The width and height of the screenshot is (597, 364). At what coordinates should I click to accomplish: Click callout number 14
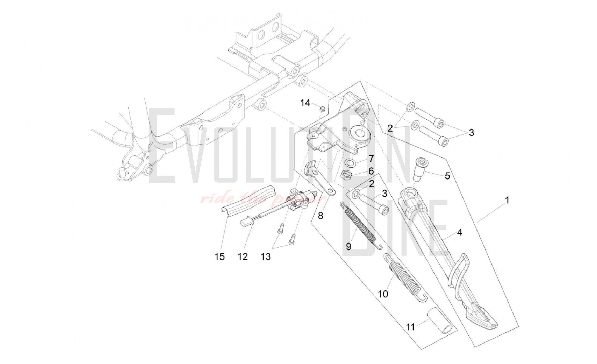[x=305, y=103]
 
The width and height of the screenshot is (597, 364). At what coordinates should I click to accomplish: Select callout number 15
[x=220, y=256]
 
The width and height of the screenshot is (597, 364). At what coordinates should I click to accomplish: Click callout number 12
[x=243, y=256]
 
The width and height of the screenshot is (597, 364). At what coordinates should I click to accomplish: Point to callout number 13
[x=265, y=256]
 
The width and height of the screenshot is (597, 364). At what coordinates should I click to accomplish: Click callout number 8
[x=320, y=215]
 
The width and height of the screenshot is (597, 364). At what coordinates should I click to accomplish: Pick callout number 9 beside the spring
[x=348, y=246]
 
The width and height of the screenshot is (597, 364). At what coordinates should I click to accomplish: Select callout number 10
[x=383, y=294]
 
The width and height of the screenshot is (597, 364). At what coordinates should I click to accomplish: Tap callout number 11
[x=411, y=327]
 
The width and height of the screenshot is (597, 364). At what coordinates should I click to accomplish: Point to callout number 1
[x=507, y=200]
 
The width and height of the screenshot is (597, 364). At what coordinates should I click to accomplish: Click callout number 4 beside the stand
[x=460, y=232]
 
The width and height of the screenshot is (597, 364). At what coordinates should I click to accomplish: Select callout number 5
[x=447, y=176]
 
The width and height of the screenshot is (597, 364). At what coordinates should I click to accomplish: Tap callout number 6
[x=371, y=171]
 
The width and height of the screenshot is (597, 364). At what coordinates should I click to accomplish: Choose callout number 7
[x=371, y=158]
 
